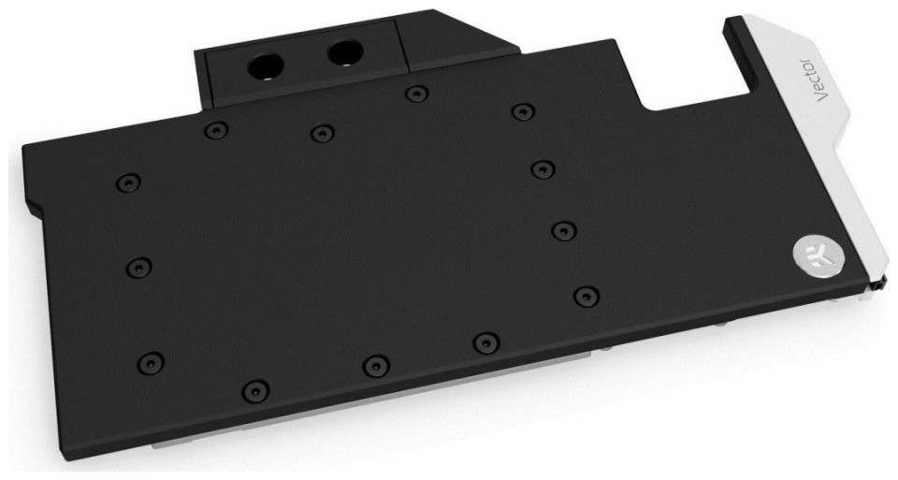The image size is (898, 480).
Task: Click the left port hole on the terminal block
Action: click(266, 65)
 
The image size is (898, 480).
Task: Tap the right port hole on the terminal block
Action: click(344, 52)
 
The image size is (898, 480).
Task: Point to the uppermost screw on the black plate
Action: click(416, 94)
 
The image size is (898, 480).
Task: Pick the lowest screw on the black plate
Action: click(255, 391)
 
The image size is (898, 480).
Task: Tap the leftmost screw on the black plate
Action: click(128, 182)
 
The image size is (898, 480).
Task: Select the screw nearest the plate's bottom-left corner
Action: click(151, 362)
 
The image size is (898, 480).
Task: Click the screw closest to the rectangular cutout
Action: click(523, 111)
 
